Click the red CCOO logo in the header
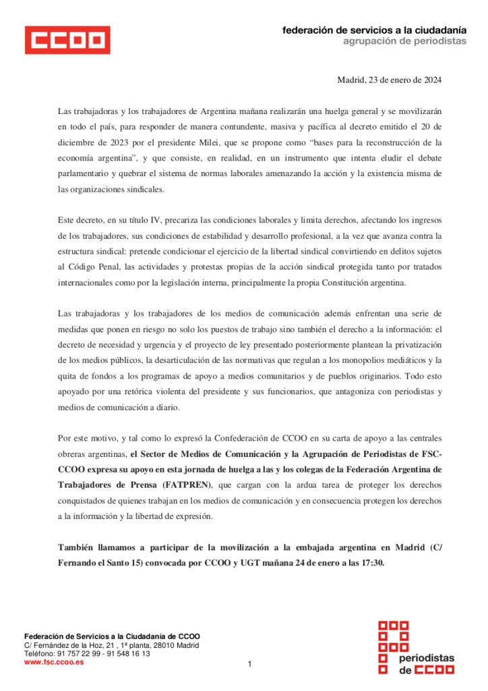tap(67, 40)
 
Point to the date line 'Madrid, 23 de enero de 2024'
tap(390, 80)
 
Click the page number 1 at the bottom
tap(249, 665)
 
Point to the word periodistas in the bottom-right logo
tap(427, 658)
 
